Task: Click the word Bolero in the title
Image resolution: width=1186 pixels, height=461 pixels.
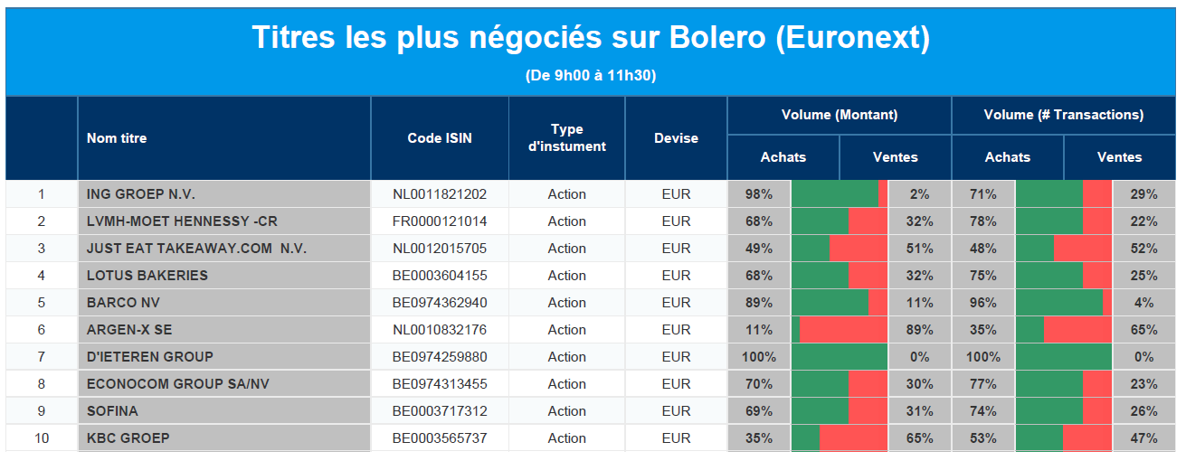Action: tap(717, 37)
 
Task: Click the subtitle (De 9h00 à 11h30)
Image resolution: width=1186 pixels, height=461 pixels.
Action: tap(591, 75)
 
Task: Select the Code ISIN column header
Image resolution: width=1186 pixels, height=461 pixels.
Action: tap(440, 138)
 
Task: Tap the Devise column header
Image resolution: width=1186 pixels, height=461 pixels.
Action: tap(676, 138)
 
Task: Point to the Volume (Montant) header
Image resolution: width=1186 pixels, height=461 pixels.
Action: tap(840, 115)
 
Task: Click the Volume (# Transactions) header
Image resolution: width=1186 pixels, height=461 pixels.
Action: tap(1064, 115)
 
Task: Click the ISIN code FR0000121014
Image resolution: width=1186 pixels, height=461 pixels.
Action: tap(440, 221)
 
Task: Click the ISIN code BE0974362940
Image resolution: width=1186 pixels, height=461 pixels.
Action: tap(440, 303)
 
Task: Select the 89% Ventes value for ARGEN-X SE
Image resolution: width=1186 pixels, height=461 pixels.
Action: tap(920, 330)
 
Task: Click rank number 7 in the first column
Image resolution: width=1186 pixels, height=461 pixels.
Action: tap(42, 357)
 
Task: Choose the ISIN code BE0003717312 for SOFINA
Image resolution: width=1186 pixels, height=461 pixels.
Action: tap(440, 410)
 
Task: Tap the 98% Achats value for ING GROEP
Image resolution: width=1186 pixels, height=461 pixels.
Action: tap(759, 194)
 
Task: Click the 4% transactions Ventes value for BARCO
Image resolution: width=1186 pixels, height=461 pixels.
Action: tap(1143, 303)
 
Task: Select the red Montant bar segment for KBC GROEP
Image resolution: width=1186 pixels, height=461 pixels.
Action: tap(853, 438)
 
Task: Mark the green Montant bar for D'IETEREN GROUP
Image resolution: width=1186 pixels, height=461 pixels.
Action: tap(840, 357)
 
